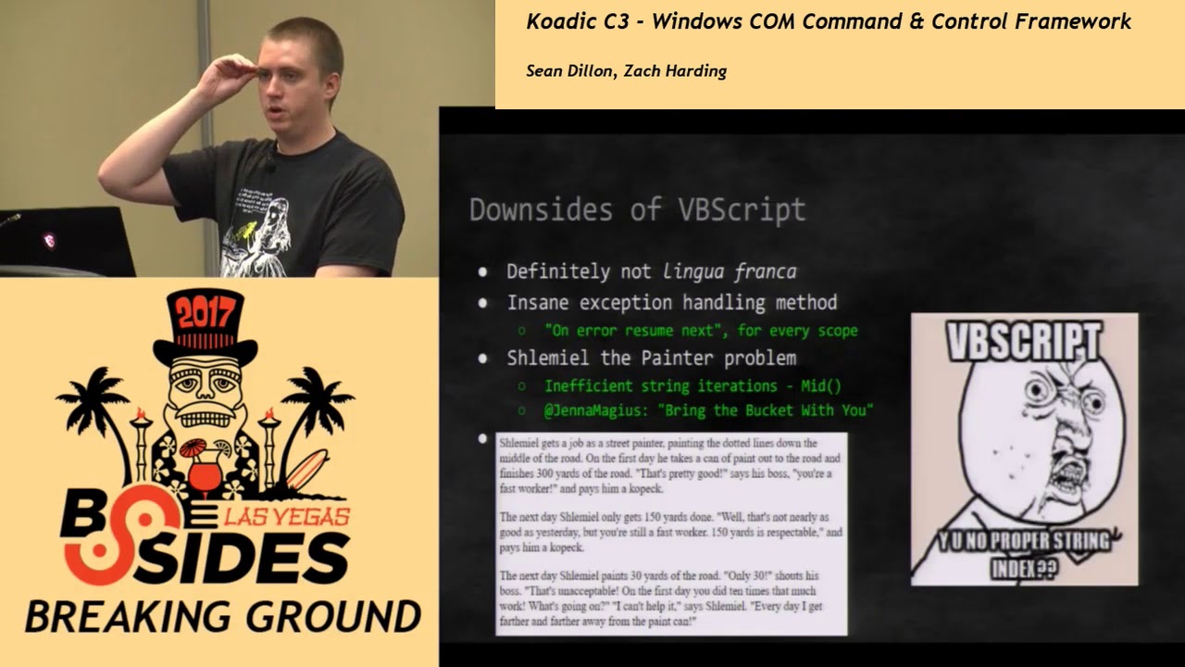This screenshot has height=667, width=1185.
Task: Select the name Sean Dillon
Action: click(x=568, y=71)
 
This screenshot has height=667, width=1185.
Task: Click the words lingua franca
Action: click(x=730, y=271)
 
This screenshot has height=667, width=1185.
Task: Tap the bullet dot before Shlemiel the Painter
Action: click(x=482, y=358)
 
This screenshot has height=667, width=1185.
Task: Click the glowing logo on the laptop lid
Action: click(x=48, y=241)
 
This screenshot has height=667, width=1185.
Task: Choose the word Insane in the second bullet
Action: click(x=538, y=302)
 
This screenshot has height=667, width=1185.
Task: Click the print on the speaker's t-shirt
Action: click(x=252, y=227)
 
